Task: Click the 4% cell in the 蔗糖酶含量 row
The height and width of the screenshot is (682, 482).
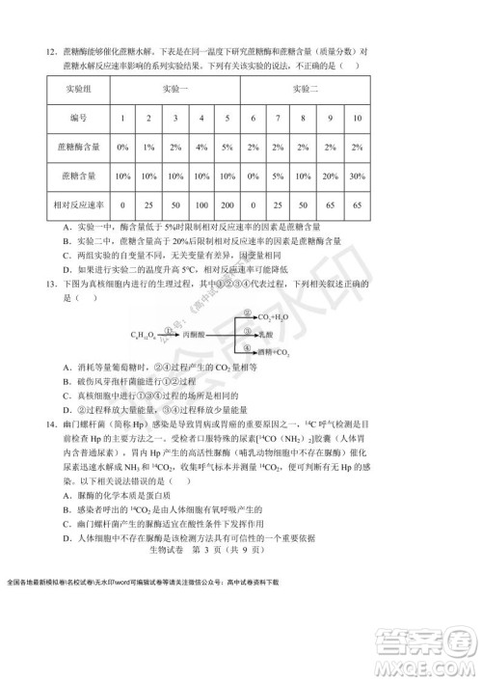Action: [201, 148]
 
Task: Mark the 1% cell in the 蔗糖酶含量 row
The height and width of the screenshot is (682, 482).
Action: [148, 148]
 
